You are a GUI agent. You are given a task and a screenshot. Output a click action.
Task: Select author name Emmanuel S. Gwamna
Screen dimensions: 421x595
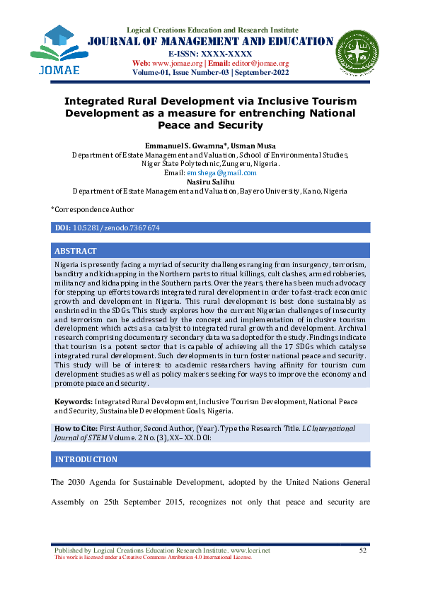point(183,145)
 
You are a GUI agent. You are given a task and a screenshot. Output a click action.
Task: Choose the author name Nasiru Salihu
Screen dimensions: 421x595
point(210,182)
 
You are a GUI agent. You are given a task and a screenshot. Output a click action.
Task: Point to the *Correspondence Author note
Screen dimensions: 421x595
point(92,209)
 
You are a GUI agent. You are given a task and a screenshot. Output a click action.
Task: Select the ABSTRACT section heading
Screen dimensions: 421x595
point(76,251)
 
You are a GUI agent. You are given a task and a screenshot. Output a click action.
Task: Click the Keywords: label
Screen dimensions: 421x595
point(73,401)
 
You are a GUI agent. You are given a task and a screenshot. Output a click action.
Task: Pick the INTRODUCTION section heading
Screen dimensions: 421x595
point(86,459)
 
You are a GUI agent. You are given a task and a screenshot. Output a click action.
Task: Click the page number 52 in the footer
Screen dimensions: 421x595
point(363,550)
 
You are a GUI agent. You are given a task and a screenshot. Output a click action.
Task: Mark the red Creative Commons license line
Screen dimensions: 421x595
point(153,557)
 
